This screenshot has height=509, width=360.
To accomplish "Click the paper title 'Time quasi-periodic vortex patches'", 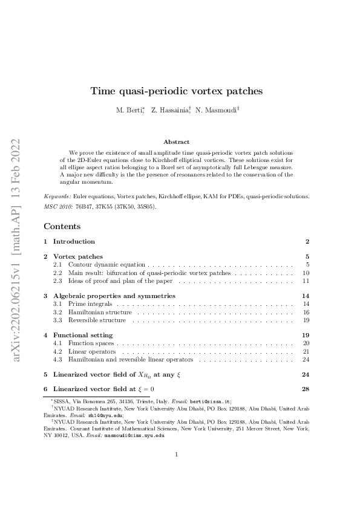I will tap(176, 91).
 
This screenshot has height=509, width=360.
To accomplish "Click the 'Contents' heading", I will tap(62, 226).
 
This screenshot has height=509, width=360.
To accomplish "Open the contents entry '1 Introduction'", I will tap(70, 241).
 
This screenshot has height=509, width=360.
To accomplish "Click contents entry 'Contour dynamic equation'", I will tap(106, 265).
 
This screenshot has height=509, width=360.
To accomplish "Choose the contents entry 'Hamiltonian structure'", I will tap(97, 312).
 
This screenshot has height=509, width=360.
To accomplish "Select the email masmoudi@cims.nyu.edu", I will tap(134, 435).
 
